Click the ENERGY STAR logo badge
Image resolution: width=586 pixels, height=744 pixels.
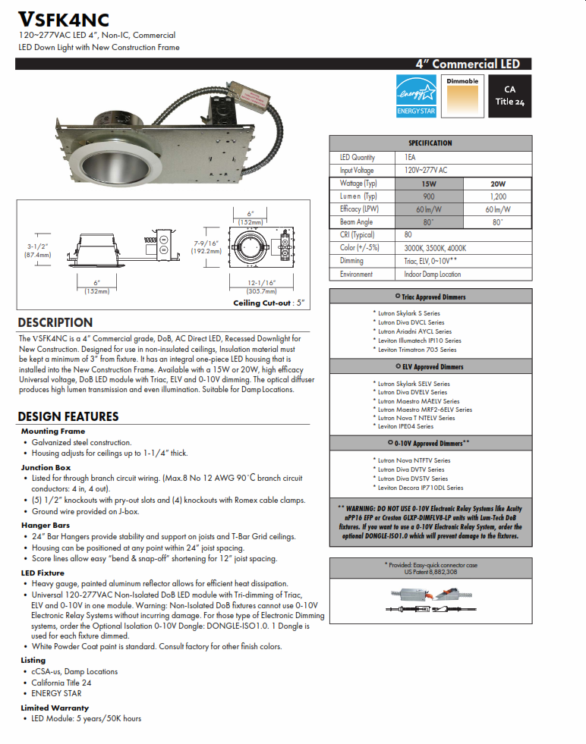coord(417,96)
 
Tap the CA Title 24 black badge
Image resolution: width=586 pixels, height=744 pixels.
coord(509,96)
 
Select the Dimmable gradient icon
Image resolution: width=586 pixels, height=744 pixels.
coord(462,96)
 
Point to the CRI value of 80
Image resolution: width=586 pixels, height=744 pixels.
coord(408,235)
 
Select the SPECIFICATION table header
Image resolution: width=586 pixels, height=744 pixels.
coord(430,143)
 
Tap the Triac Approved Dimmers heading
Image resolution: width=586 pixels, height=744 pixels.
coord(430,297)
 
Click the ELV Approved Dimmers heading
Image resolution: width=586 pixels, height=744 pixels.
coord(430,367)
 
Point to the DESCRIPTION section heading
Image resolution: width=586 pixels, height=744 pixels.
coord(55,322)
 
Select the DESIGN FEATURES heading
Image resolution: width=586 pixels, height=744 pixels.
coord(68,416)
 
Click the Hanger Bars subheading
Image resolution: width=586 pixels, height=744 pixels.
coord(46,525)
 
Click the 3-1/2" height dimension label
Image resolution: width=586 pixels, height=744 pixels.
coord(38,246)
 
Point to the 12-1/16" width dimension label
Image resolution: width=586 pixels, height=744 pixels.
coord(260,282)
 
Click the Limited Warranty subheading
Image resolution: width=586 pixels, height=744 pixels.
coord(55,708)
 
